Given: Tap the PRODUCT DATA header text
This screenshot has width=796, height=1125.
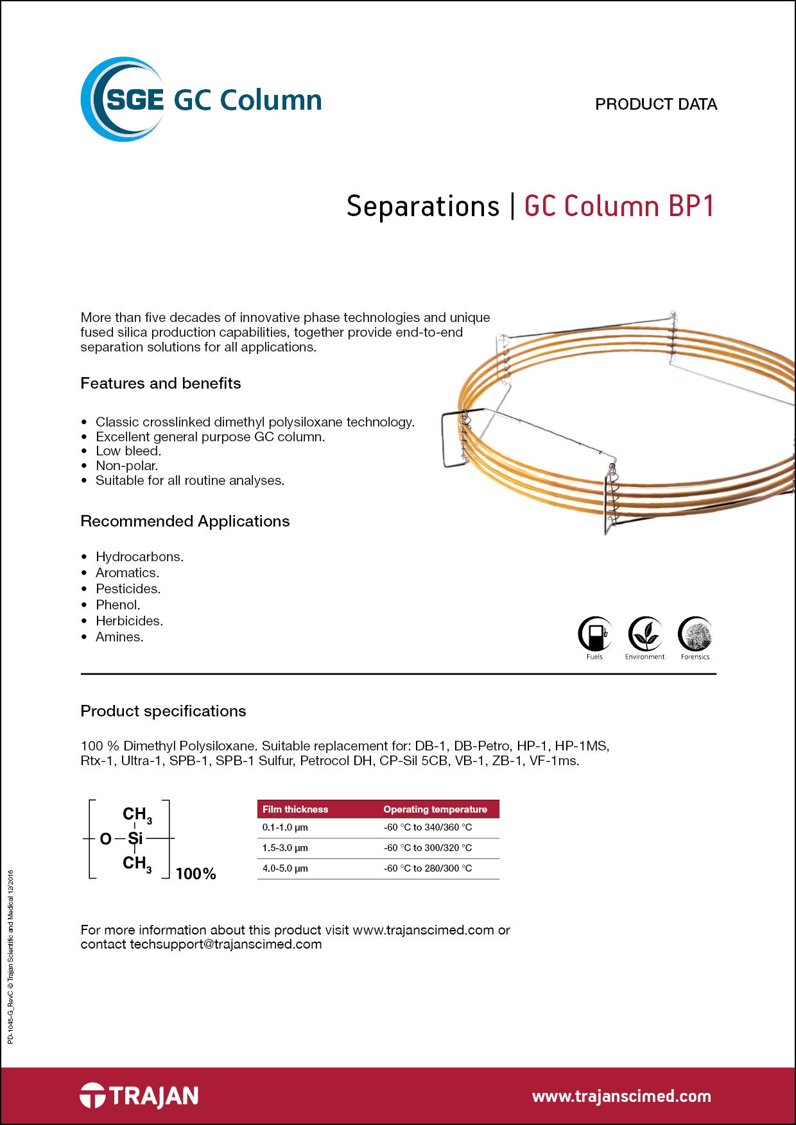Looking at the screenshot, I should (x=655, y=104).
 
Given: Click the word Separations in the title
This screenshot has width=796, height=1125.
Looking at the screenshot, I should (x=422, y=207).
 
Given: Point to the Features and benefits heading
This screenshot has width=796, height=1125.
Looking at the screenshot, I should (x=160, y=384).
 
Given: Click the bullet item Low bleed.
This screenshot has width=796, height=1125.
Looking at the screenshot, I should (x=128, y=451).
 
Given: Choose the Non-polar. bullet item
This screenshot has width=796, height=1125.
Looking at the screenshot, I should (x=126, y=466).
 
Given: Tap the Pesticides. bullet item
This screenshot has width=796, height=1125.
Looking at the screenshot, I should (x=128, y=589).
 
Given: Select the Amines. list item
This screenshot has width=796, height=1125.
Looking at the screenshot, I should (x=119, y=637).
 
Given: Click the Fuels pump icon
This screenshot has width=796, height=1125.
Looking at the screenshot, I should (x=595, y=634).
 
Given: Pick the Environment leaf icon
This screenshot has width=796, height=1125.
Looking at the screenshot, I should (x=645, y=634).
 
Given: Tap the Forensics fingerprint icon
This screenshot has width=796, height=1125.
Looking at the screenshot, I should (x=695, y=634).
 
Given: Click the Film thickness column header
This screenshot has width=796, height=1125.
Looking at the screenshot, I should (x=295, y=809).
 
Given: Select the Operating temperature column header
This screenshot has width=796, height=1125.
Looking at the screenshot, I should (x=435, y=809).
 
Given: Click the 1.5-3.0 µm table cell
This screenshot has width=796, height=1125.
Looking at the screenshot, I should (x=285, y=848).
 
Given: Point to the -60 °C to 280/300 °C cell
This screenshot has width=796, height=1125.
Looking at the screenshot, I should (x=428, y=868).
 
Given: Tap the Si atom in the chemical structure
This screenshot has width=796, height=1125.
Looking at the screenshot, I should (x=135, y=838).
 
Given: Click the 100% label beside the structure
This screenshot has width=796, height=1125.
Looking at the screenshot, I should (x=196, y=874).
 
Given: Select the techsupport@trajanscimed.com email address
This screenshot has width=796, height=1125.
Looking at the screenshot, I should (x=225, y=944).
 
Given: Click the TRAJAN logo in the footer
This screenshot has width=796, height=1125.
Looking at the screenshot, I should (x=139, y=1095).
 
